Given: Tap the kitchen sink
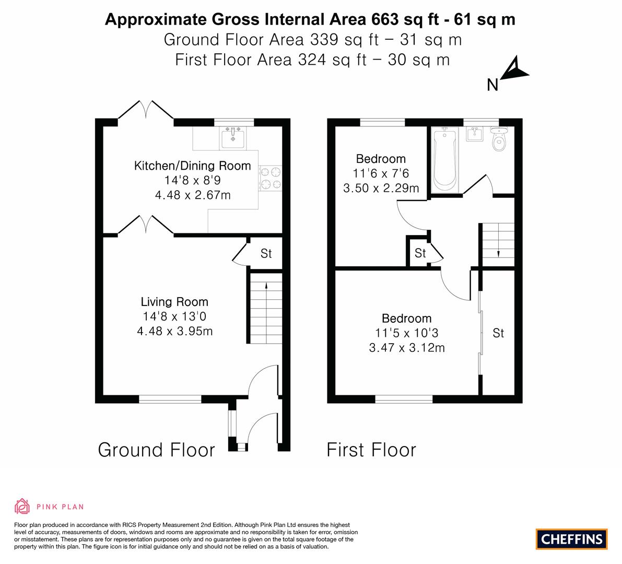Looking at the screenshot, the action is tap(232, 138).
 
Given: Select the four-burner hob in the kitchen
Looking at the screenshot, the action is tap(270, 178).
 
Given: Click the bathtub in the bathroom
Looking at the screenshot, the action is tap(444, 159).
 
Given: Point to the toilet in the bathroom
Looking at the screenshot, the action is tap(499, 138).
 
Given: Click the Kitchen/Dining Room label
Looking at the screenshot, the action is tap(192, 166).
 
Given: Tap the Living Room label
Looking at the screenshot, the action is tap(174, 302).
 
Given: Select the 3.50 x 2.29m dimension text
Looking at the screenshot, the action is tap(381, 188).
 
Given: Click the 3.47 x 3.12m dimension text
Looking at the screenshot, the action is tap(407, 348).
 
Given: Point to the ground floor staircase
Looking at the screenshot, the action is tap(266, 308).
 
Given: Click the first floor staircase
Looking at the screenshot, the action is tap(498, 245).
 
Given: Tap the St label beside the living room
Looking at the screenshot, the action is tap(266, 253).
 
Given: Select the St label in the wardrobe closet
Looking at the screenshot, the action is tap(498, 333).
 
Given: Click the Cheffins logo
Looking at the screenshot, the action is tap(571, 539).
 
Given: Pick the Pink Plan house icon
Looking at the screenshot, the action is tap(22, 506).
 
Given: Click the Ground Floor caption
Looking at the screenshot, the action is tap(156, 450).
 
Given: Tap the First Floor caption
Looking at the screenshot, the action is tap(371, 450).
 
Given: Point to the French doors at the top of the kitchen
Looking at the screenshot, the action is tap(146, 110).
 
